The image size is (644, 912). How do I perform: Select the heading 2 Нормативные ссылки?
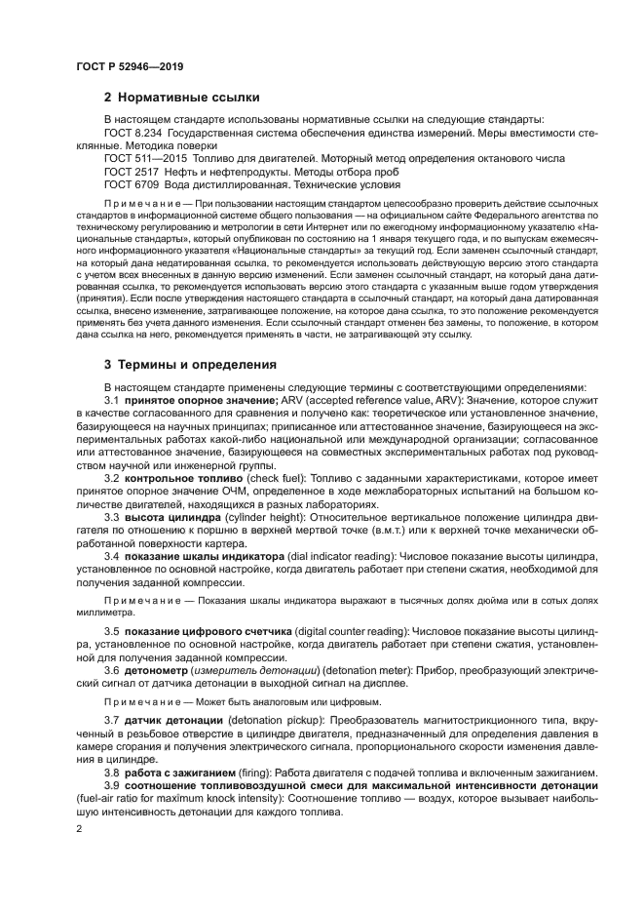click(x=181, y=98)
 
